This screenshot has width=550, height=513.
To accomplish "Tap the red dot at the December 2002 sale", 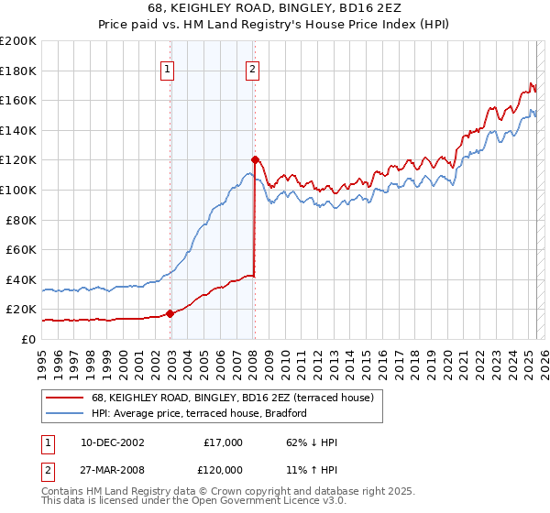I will click(170, 313).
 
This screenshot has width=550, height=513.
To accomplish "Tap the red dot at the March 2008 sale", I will click(255, 159).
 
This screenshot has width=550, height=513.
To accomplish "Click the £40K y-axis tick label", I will click(21, 279).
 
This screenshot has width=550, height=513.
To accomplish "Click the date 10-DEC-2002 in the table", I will click(112, 442).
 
